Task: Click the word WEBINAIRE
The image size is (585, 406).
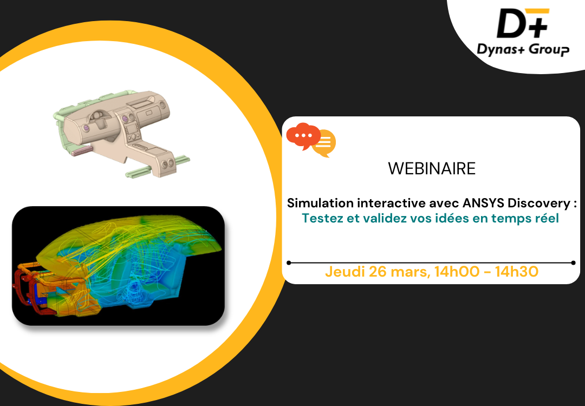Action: pyautogui.click(x=432, y=168)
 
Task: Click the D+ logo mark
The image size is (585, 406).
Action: pyautogui.click(x=523, y=23)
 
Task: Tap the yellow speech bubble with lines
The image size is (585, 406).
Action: pyautogui.click(x=324, y=143)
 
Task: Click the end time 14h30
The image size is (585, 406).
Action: pyautogui.click(x=517, y=272)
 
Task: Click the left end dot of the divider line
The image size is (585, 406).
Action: pyautogui.click(x=289, y=263)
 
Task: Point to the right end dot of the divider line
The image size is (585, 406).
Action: pyautogui.click(x=574, y=263)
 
